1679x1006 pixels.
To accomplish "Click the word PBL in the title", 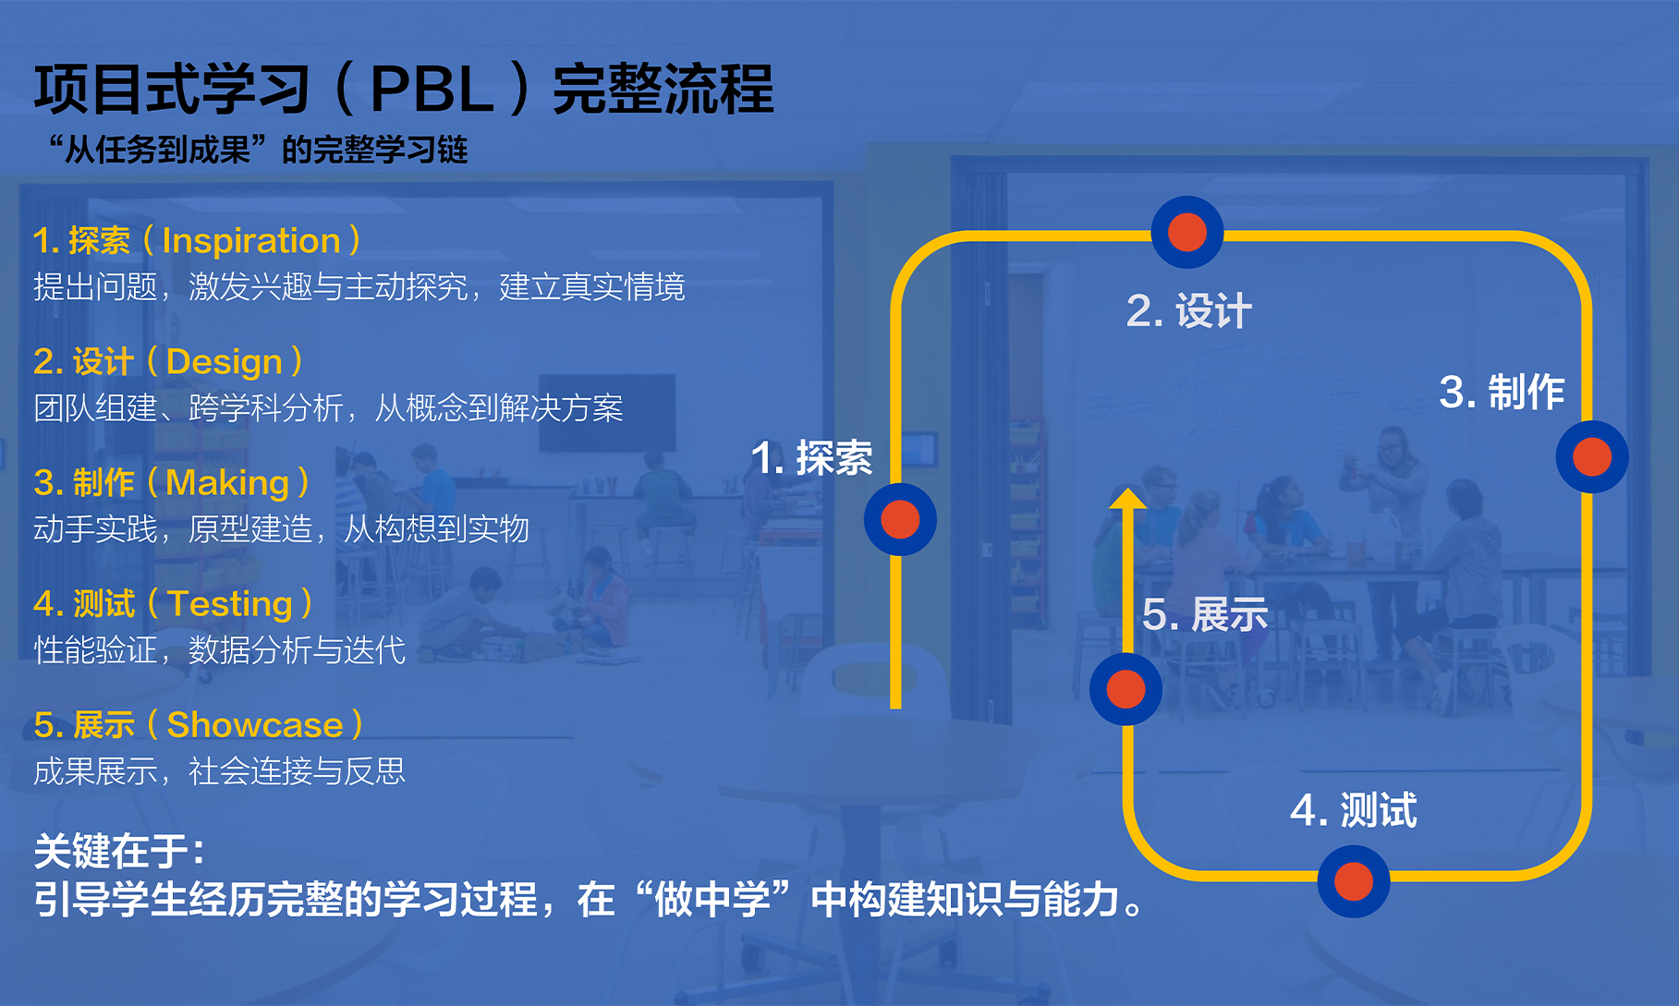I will click(432, 91).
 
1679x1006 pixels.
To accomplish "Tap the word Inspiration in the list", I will click(250, 241).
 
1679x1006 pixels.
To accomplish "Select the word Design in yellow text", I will click(225, 362).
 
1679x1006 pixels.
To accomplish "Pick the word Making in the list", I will click(227, 483).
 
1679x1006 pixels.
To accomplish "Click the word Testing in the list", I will click(230, 604).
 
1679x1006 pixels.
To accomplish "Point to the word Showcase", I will click(255, 725).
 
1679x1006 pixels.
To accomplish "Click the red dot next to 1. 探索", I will click(900, 519).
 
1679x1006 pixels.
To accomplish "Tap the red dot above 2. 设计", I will click(1186, 232).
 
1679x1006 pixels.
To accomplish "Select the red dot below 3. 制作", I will click(1591, 456).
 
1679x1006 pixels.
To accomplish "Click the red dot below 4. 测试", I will click(1353, 880).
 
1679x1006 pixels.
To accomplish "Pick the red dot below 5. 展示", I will click(1125, 689).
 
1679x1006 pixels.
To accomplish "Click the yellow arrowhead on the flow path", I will click(1127, 499).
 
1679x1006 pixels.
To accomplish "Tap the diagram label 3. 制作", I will click(1502, 392).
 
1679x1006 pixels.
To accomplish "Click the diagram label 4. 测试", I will click(1353, 810).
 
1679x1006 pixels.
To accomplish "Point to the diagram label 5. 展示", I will click(1205, 614).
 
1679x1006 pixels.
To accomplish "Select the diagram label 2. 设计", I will click(1188, 310).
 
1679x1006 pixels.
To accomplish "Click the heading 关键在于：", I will click(119, 851).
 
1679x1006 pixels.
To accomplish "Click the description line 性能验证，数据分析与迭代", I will click(220, 650).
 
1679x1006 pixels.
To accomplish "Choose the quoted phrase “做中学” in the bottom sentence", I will click(712, 899).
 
